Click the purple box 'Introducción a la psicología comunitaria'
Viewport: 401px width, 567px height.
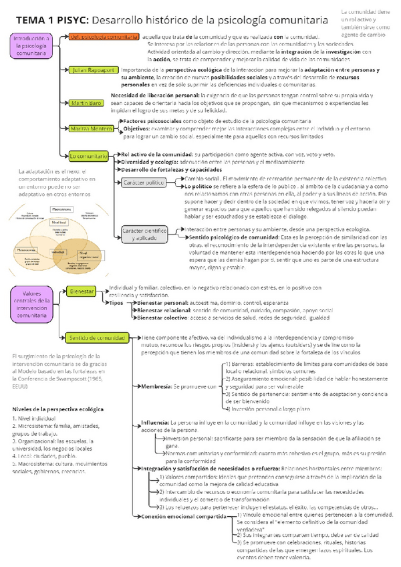click(x=32, y=51)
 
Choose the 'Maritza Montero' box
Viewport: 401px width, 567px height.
click(x=92, y=128)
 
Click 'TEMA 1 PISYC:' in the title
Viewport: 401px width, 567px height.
click(x=47, y=21)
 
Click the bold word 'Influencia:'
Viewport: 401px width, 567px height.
click(x=155, y=423)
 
